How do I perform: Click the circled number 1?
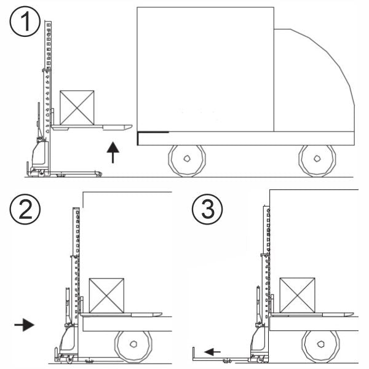click(x=25, y=22)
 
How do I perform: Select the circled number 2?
click(x=25, y=209)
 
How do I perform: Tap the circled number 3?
click(x=207, y=209)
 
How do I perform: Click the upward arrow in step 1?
click(x=113, y=153)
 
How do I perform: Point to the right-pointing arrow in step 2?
click(x=24, y=325)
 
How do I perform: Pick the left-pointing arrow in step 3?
click(x=212, y=352)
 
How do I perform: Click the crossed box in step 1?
click(x=77, y=108)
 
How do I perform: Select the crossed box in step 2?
click(x=106, y=296)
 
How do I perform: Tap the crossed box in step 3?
click(x=297, y=295)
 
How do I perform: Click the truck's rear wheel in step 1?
click(x=187, y=161)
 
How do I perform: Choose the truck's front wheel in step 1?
click(x=317, y=161)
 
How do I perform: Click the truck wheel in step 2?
click(x=133, y=347)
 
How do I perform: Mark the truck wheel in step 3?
click(x=320, y=346)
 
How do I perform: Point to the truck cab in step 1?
click(x=314, y=80)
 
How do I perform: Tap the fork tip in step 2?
click(x=161, y=314)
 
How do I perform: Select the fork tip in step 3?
click(x=352, y=314)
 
